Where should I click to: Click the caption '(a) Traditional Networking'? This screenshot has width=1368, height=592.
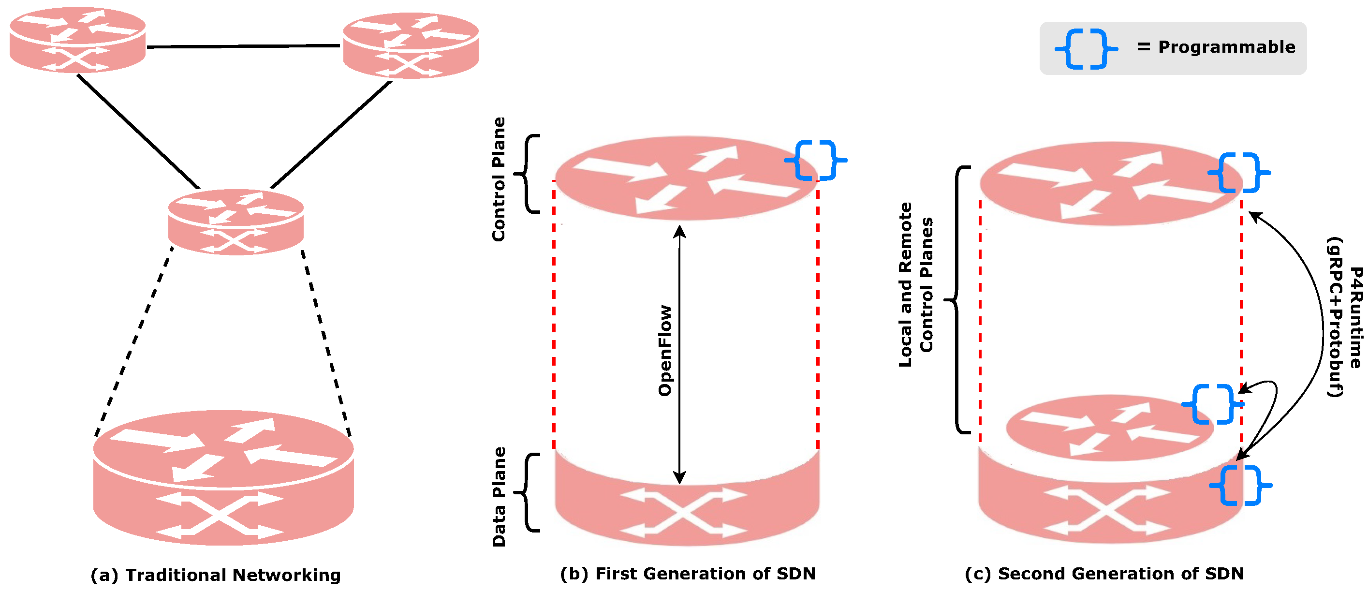pos(216,575)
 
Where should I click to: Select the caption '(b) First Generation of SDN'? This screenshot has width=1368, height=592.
pos(688,574)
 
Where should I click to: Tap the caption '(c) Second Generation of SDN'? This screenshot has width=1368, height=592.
pos(1104,574)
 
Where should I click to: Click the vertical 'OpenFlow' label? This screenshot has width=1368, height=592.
pos(665,351)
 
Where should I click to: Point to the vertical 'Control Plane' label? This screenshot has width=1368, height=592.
pos(499,179)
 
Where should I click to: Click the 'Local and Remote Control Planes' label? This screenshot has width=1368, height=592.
pos(915,284)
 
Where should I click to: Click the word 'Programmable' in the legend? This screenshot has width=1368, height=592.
pos(1227,47)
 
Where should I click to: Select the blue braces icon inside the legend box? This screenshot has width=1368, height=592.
pos(1086,49)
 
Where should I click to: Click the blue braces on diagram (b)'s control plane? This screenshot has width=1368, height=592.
pos(815,160)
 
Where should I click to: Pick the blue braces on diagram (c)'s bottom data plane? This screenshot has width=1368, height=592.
pos(1240,485)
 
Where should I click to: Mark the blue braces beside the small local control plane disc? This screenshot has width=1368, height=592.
pos(1212,404)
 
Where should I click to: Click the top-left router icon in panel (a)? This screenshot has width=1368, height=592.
pos(77,40)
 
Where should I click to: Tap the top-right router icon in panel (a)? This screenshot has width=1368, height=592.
pos(411,45)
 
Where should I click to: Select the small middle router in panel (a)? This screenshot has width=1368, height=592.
pos(236,222)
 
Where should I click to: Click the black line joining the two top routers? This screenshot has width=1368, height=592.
pos(243,46)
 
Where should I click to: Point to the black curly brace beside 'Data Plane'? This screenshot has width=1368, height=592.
pos(528,492)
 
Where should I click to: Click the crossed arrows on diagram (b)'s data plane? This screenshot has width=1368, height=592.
pos(683,512)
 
